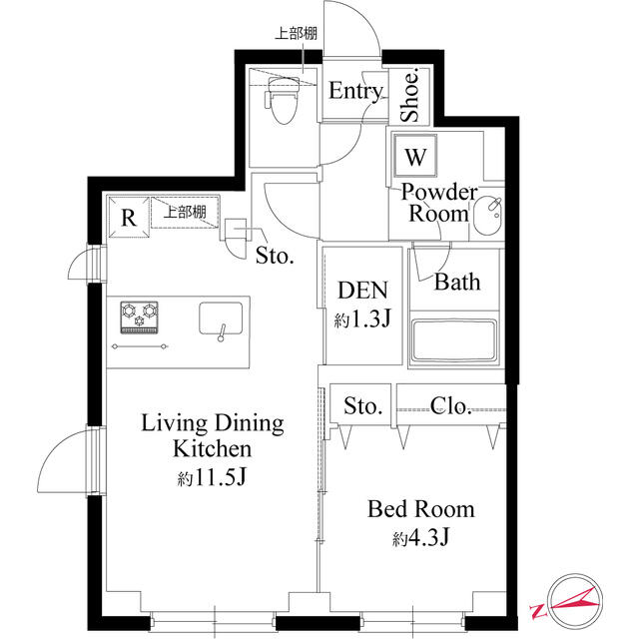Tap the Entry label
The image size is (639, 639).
[x=355, y=92]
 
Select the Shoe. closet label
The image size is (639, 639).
[x=410, y=96]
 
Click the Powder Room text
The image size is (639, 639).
[x=439, y=203]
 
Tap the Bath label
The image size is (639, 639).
[x=456, y=282]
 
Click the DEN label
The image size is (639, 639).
[x=361, y=291]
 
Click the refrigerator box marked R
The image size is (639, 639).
[x=128, y=217]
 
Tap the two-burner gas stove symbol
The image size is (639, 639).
[x=140, y=317]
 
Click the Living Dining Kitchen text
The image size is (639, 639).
[x=212, y=435]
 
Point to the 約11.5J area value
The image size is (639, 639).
[x=213, y=477]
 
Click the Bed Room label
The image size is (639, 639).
[x=420, y=510]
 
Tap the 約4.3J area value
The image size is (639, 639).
[x=420, y=539]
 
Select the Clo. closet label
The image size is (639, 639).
[x=450, y=405]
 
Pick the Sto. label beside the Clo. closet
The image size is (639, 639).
[x=363, y=406]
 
